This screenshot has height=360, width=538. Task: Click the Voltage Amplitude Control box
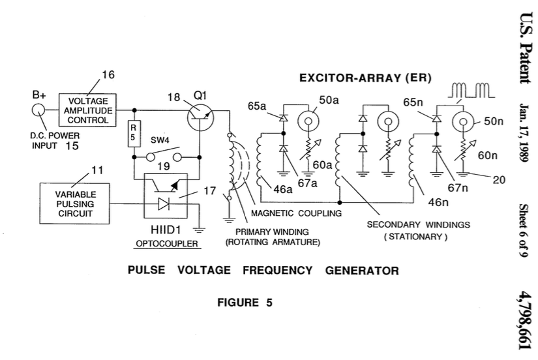[87, 110]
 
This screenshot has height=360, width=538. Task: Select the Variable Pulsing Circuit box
[75, 203]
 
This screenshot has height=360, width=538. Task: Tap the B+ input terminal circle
[38, 110]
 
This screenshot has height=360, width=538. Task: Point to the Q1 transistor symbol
[201, 117]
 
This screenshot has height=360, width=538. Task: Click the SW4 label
[160, 140]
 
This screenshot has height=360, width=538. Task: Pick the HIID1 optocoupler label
[166, 230]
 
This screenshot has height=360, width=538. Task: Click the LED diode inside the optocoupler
[164, 204]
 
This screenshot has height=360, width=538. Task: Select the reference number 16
[108, 74]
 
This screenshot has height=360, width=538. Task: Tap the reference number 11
[97, 170]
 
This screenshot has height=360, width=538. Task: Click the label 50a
[329, 100]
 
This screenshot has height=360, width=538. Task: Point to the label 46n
[438, 202]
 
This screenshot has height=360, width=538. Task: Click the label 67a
[307, 183]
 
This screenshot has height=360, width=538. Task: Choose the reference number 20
[499, 180]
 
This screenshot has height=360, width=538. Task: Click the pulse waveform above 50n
[471, 90]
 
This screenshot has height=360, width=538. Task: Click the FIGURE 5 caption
[245, 303]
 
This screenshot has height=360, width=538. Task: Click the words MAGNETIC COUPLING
[297, 213]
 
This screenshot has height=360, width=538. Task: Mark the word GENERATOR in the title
[362, 271]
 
